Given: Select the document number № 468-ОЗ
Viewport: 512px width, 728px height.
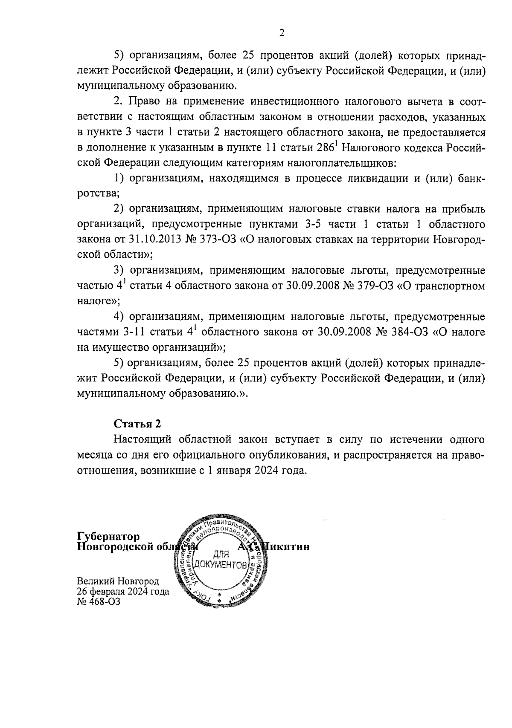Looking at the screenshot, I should [99, 602].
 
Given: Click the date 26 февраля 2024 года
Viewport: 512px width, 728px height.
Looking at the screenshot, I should [123, 592].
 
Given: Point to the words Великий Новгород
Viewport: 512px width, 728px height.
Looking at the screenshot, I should [118, 581].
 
